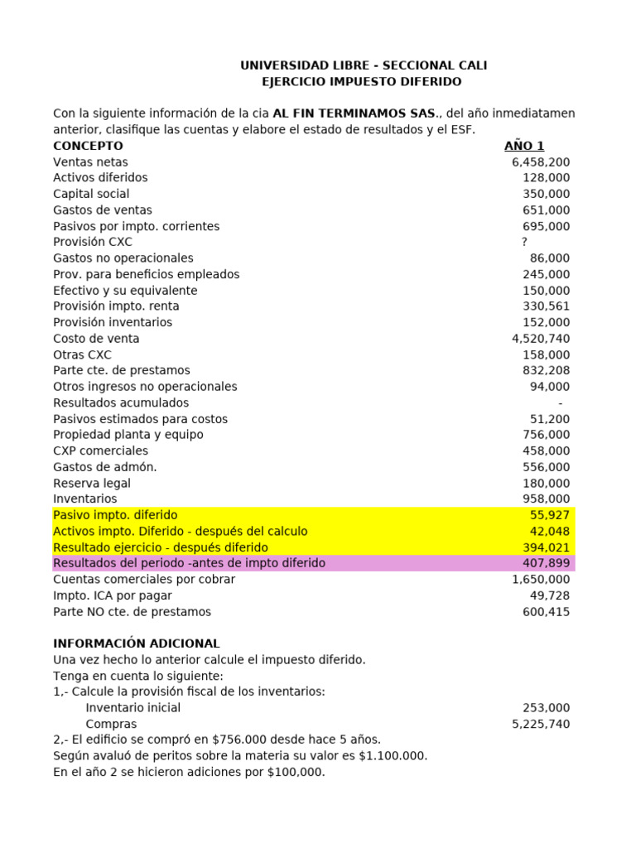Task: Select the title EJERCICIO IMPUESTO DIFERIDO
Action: pos(362,82)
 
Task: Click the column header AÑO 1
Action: pos(524,147)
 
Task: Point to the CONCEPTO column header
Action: pos(88,147)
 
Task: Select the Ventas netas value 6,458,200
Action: pos(541,162)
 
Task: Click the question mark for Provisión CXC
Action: pos(524,243)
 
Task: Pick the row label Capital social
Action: pos(91,195)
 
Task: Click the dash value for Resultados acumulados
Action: pos(561,403)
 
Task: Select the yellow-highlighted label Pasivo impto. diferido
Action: pos(115,515)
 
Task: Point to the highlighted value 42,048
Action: pos(550,532)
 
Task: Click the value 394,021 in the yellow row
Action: pos(547,547)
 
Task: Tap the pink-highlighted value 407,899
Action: pos(547,564)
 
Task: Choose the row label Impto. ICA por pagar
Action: pos(113,596)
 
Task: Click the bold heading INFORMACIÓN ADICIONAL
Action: pos(137,643)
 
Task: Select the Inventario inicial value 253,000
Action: pos(547,708)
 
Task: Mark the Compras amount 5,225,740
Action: pos(541,725)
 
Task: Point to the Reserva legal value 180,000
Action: pos(547,484)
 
